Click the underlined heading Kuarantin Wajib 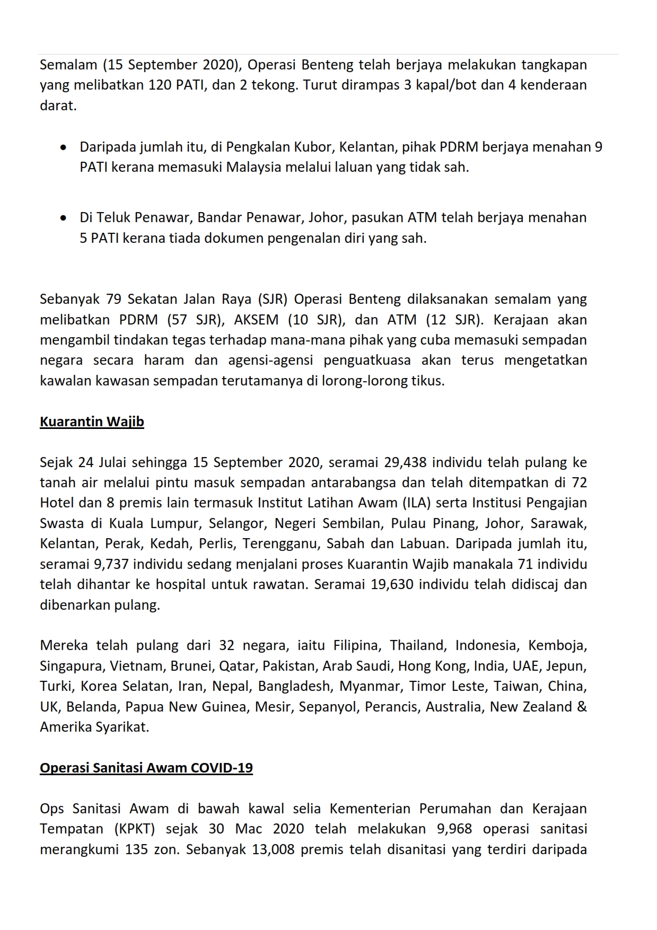(x=92, y=422)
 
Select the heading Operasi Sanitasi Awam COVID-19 (x=146, y=768)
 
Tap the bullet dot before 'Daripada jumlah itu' (x=64, y=147)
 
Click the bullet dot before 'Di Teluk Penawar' (x=64, y=218)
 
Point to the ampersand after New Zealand (x=582, y=707)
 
